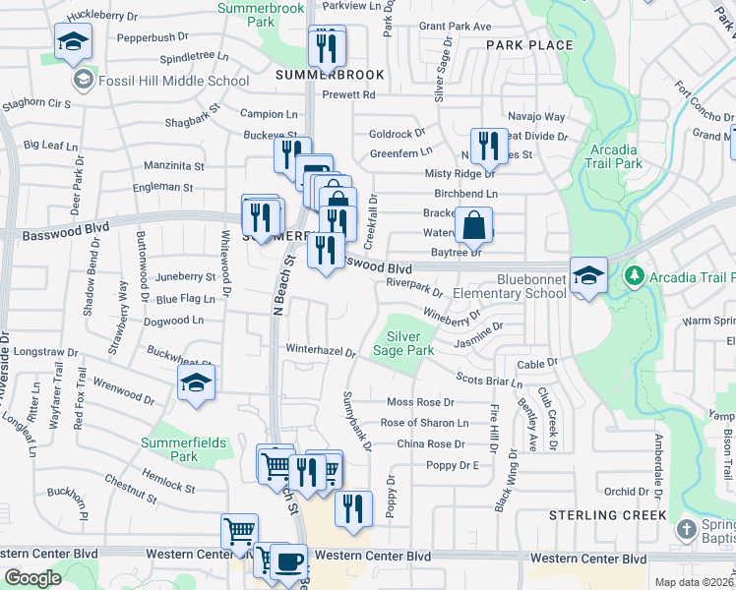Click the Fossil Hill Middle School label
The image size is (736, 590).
pyautogui.click(x=173, y=82)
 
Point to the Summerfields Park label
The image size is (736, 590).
pyautogui.click(x=182, y=449)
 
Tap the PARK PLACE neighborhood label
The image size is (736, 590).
pyautogui.click(x=528, y=45)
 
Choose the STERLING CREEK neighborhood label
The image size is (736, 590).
pyautogui.click(x=608, y=515)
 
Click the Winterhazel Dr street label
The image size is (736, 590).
pyautogui.click(x=320, y=349)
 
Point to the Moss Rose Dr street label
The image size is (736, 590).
pyautogui.click(x=420, y=402)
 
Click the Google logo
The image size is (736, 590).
pyautogui.click(x=32, y=578)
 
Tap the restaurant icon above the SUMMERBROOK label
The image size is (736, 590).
pyautogui.click(x=326, y=45)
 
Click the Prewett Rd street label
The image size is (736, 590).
pyautogui.click(x=354, y=95)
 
